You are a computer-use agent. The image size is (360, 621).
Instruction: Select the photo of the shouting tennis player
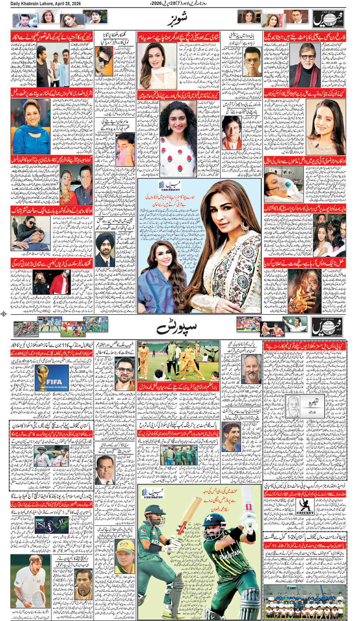tap(31, 576)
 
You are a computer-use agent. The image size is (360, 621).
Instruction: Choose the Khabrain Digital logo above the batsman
tap(153, 494)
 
